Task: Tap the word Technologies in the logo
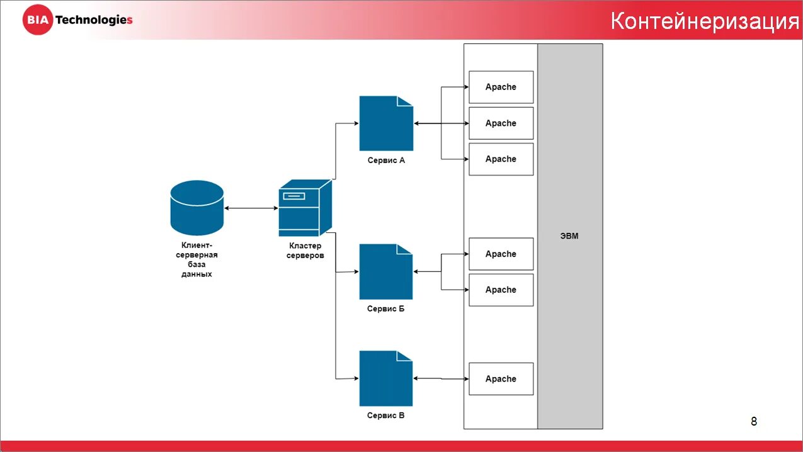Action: [x=94, y=20]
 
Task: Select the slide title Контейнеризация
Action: [x=705, y=21]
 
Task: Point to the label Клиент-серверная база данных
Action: [x=196, y=260]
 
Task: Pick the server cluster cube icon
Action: [x=305, y=207]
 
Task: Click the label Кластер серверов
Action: [x=305, y=251]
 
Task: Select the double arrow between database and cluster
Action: [x=251, y=208]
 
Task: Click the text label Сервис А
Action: [x=386, y=161]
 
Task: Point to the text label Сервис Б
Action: [x=386, y=309]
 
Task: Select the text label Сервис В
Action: [x=386, y=415]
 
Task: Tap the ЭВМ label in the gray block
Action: [x=569, y=236]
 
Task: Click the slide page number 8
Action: [x=754, y=421]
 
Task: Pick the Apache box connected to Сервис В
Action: [x=501, y=379]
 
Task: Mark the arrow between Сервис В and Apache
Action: [x=441, y=378]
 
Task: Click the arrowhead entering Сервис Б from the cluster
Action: [x=355, y=272]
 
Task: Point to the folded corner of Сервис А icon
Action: [x=406, y=101]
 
